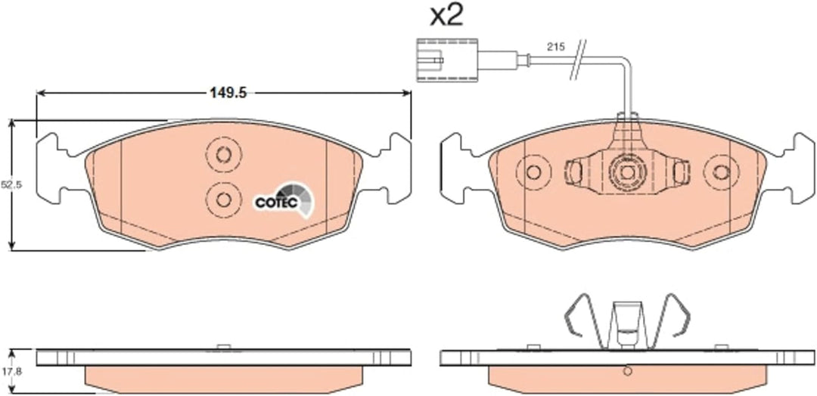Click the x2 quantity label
[x=446, y=17]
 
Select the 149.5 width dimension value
[x=228, y=94]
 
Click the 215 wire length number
[x=556, y=47]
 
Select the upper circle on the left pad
[x=223, y=155]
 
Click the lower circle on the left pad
[x=223, y=200]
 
